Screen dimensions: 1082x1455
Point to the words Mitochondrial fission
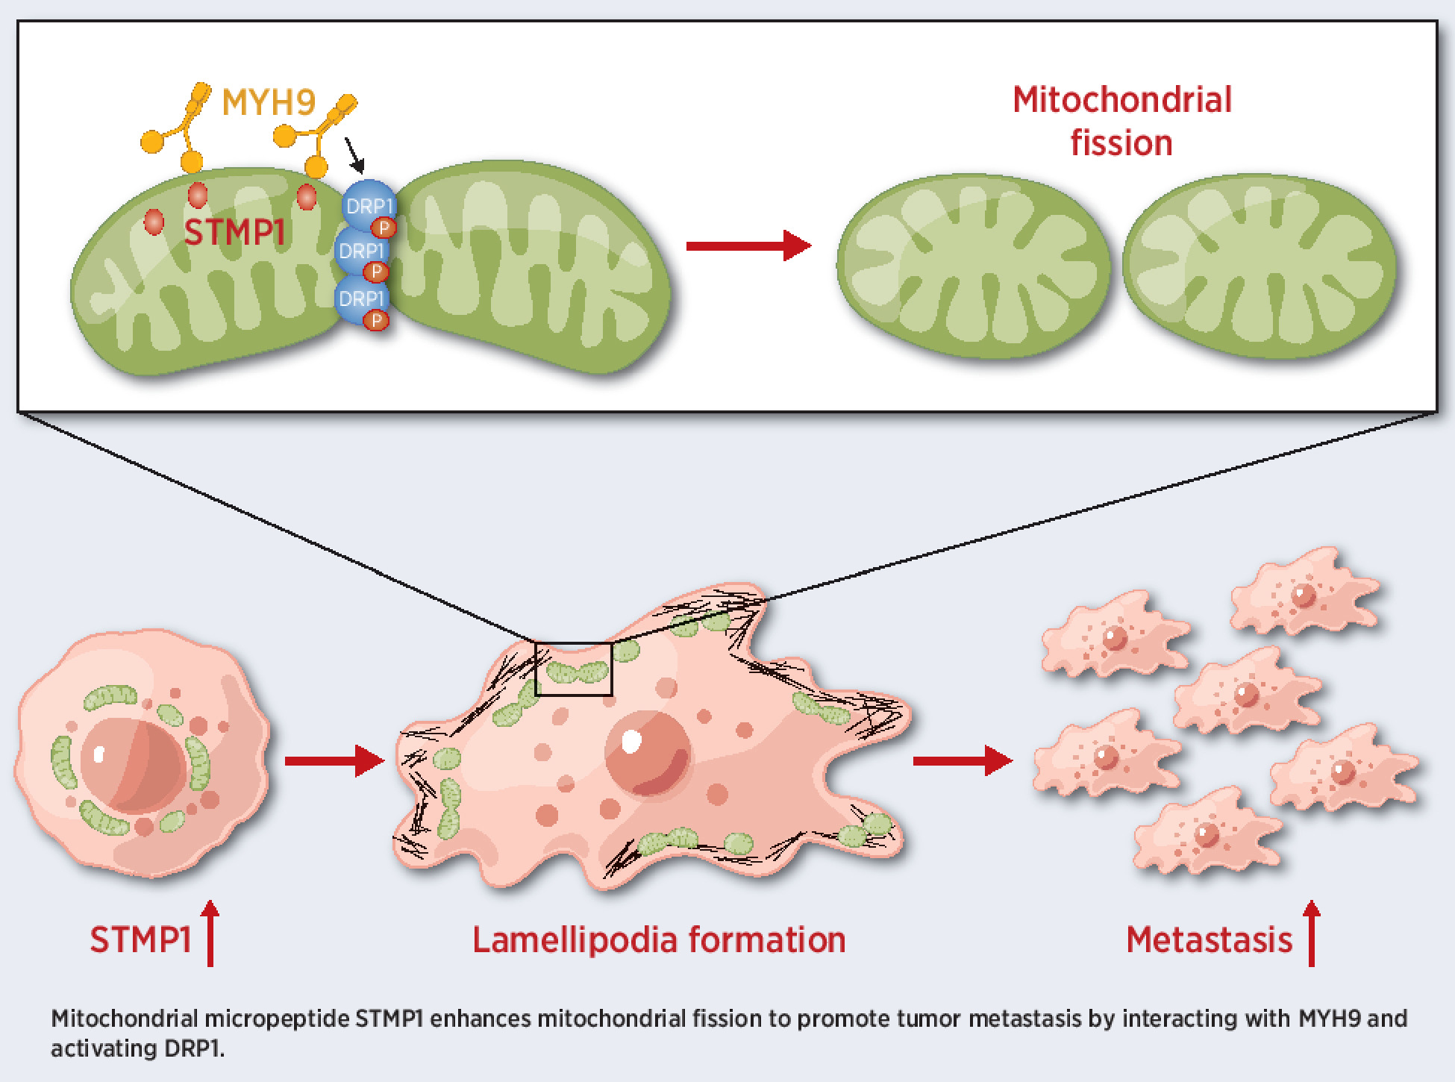pyautogui.click(x=1121, y=121)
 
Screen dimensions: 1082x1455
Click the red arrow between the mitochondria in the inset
pyautogui.click(x=748, y=246)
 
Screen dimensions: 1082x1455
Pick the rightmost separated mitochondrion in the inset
pyautogui.click(x=1259, y=267)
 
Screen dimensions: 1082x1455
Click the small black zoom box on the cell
pyautogui.click(x=574, y=669)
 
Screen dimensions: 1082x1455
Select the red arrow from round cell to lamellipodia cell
pyautogui.click(x=334, y=760)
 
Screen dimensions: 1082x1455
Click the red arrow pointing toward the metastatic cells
pyautogui.click(x=962, y=760)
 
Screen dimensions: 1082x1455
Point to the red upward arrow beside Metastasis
pyautogui.click(x=1312, y=934)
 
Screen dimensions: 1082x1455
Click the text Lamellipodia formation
pyautogui.click(x=659, y=940)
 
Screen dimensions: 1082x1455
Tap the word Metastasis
pyautogui.click(x=1209, y=940)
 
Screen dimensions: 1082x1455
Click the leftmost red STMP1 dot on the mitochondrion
pyautogui.click(x=154, y=222)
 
